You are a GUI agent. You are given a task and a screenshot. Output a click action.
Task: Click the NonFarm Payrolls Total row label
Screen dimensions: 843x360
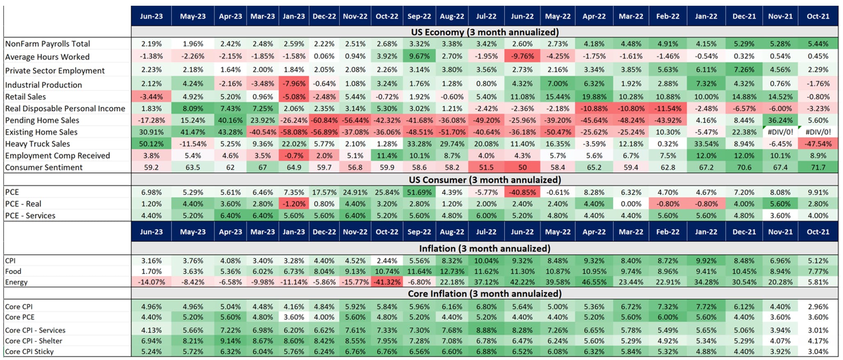pyautogui.click(x=48, y=44)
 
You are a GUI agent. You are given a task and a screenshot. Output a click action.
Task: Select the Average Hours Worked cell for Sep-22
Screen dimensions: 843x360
pyautogui.click(x=419, y=56)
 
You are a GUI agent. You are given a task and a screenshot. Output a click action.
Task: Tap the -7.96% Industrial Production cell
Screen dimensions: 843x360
pyautogui.click(x=294, y=84)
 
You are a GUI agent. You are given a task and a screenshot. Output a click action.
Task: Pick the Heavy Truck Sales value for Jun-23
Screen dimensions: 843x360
pyautogui.click(x=151, y=144)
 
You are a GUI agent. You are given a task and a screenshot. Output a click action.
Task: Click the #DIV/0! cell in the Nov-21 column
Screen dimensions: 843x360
pyautogui.click(x=780, y=132)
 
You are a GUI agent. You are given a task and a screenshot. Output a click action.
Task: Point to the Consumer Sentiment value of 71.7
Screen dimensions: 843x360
pyautogui.click(x=818, y=167)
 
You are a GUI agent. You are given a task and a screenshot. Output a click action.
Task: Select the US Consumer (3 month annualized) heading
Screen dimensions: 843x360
pyautogui.click(x=485, y=180)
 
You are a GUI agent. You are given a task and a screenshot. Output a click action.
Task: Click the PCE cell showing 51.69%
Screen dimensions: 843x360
pyautogui.click(x=419, y=192)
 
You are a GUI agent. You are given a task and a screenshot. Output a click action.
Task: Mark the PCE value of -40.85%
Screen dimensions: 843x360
pyautogui.click(x=522, y=192)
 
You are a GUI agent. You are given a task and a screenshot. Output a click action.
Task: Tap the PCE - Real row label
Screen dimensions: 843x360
pyautogui.click(x=23, y=204)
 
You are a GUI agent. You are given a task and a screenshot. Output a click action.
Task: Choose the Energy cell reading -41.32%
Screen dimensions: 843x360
pyautogui.click(x=387, y=282)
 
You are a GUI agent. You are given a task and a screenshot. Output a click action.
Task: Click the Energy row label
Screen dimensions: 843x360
pyautogui.click(x=16, y=282)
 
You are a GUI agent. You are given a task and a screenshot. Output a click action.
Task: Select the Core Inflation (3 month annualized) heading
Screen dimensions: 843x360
pyautogui.click(x=485, y=294)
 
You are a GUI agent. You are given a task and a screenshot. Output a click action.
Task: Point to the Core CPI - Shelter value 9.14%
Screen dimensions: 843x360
pyautogui.click(x=230, y=341)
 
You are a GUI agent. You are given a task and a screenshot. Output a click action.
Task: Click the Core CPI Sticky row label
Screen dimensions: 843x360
pyautogui.click(x=29, y=351)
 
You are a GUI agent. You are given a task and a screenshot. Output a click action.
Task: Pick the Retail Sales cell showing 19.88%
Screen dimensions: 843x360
pyautogui.click(x=594, y=97)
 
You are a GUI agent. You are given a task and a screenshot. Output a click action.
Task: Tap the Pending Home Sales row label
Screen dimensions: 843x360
pyautogui.click(x=42, y=120)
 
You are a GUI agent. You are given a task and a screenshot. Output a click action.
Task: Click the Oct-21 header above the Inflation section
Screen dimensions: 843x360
pyautogui.click(x=818, y=232)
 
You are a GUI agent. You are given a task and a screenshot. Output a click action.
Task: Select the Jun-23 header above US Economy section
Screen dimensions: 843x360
pyautogui.click(x=151, y=16)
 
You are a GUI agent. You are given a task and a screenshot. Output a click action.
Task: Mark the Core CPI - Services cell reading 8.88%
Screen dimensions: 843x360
pyautogui.click(x=486, y=330)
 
